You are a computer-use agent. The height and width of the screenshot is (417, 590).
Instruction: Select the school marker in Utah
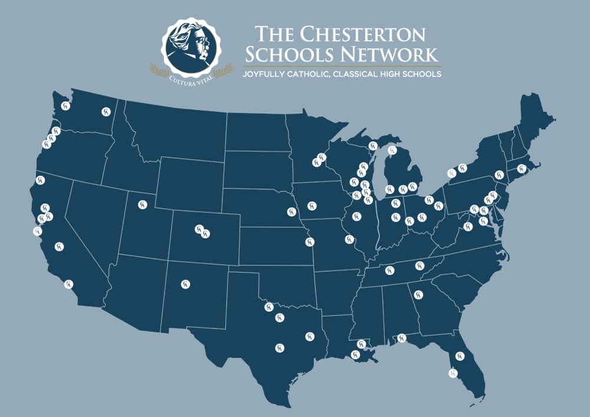click(142, 205)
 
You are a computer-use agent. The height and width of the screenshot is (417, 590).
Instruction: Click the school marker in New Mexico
click(186, 284)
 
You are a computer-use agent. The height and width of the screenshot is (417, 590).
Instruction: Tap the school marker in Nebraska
click(290, 211)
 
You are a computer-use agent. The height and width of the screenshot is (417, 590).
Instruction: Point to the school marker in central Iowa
click(311, 205)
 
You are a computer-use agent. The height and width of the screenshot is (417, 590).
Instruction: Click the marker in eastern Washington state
click(106, 110)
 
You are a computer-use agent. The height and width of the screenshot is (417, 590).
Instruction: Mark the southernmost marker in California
click(68, 285)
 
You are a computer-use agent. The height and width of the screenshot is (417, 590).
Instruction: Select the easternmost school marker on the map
click(521, 168)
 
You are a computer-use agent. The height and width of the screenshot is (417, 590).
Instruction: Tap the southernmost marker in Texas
click(278, 347)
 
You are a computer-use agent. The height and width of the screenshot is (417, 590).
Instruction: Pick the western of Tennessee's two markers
click(389, 271)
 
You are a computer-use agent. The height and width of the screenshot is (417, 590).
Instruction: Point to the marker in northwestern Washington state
click(65, 106)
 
